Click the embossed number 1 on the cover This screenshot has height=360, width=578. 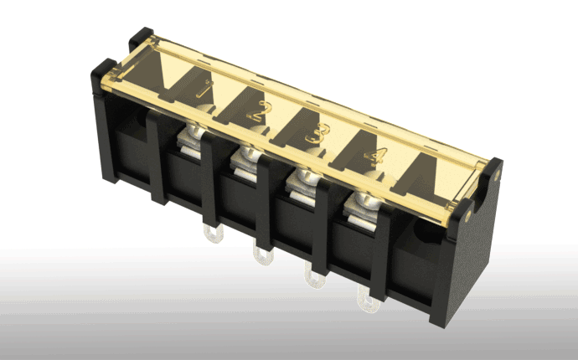click(x=205, y=89)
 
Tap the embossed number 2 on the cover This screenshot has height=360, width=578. click(x=260, y=111)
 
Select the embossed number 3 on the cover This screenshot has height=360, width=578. click(x=317, y=133)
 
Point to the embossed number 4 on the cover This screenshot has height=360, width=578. click(x=376, y=156)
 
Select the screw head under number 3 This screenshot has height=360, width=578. click(x=304, y=175)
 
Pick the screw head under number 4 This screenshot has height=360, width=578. click(x=365, y=199)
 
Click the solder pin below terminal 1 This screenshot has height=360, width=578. click(x=214, y=234)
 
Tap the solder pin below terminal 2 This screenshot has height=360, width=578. click(x=263, y=255)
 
